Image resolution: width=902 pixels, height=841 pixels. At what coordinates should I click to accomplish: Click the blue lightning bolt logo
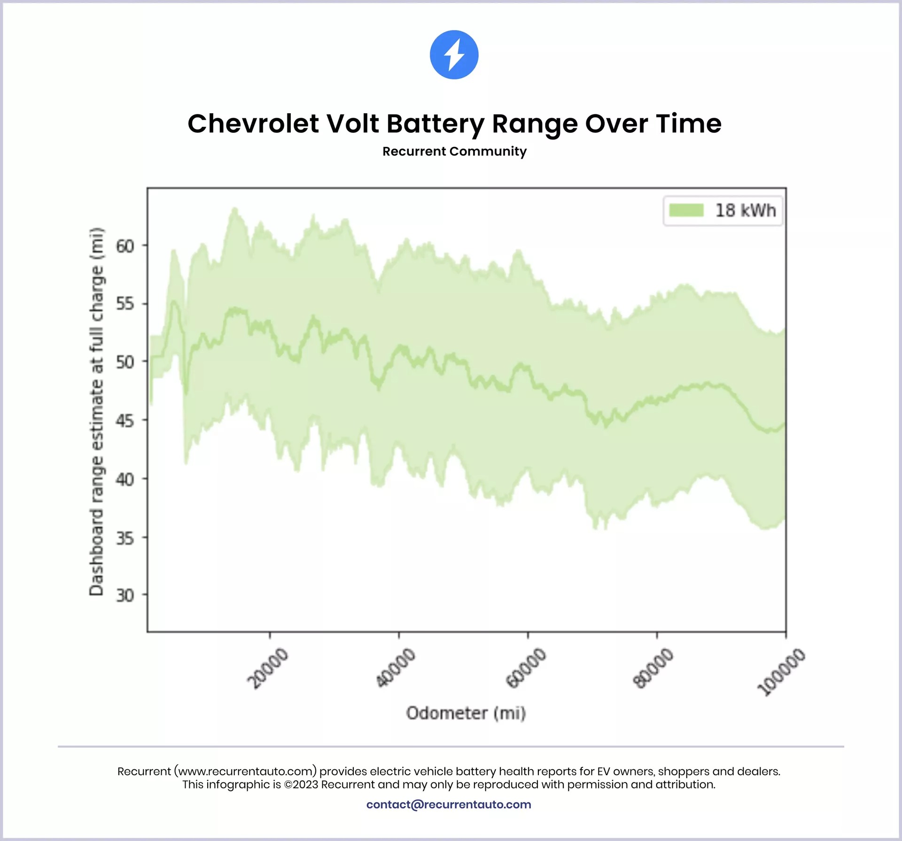click(x=454, y=55)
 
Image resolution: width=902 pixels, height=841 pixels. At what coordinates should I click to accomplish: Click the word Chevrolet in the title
click(x=253, y=124)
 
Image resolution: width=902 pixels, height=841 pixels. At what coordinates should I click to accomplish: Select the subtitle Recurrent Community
click(x=454, y=151)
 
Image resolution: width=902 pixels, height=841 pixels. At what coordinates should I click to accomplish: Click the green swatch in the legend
click(x=686, y=210)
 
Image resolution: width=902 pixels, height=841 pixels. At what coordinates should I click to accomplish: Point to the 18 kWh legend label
click(x=745, y=210)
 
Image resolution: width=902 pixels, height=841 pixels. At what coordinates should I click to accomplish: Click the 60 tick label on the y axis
click(x=125, y=246)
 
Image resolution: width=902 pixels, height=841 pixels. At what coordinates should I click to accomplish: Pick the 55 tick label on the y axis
click(x=125, y=304)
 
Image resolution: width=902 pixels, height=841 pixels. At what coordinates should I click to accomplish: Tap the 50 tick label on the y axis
click(x=125, y=362)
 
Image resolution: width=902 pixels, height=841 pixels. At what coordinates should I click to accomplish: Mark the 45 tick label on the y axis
click(x=125, y=421)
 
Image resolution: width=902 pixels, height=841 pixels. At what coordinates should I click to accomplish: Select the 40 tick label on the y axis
click(x=125, y=479)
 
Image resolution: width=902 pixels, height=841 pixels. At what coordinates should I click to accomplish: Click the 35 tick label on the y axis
click(x=125, y=538)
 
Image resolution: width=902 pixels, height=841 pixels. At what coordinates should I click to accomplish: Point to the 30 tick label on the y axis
click(x=125, y=595)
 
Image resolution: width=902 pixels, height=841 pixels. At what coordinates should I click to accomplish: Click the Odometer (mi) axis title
click(x=466, y=713)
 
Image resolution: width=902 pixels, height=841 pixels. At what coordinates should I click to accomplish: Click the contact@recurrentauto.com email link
click(x=449, y=804)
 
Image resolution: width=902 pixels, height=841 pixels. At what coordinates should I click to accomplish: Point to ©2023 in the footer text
click(x=301, y=785)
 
